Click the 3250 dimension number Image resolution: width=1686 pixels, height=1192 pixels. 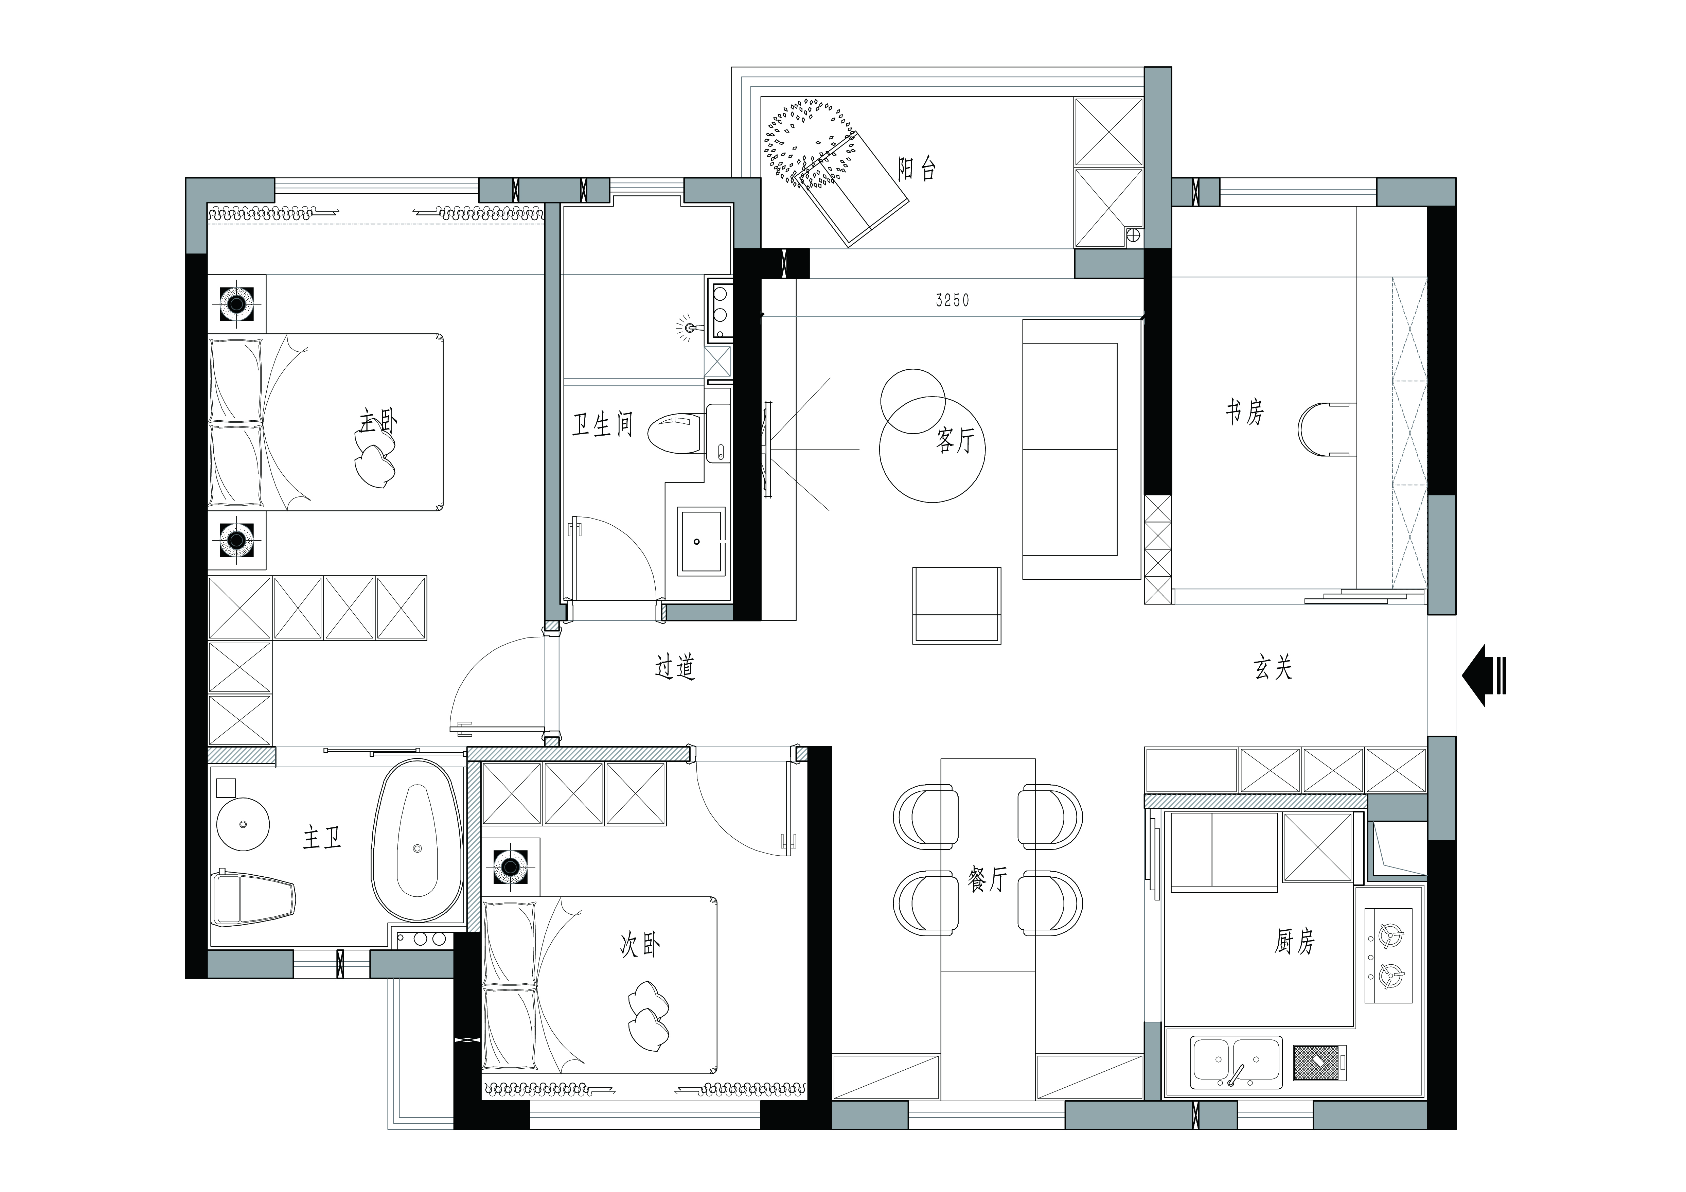pos(953,300)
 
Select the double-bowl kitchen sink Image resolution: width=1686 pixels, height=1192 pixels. pos(1236,1062)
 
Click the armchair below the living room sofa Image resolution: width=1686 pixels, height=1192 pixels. pos(956,605)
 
